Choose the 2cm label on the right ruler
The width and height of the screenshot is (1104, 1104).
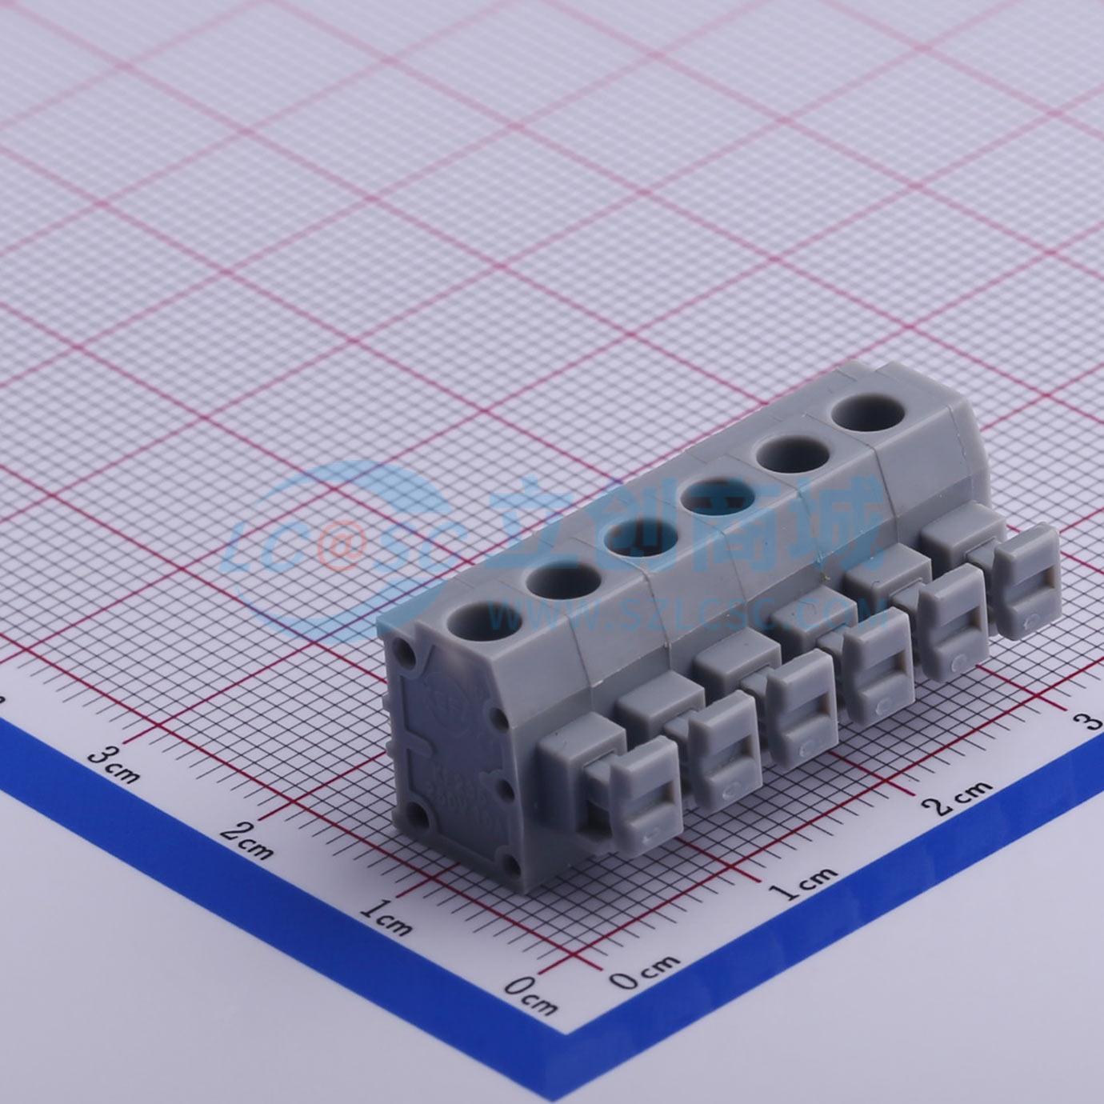tap(963, 795)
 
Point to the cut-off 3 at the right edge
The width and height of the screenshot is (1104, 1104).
tap(1093, 722)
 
